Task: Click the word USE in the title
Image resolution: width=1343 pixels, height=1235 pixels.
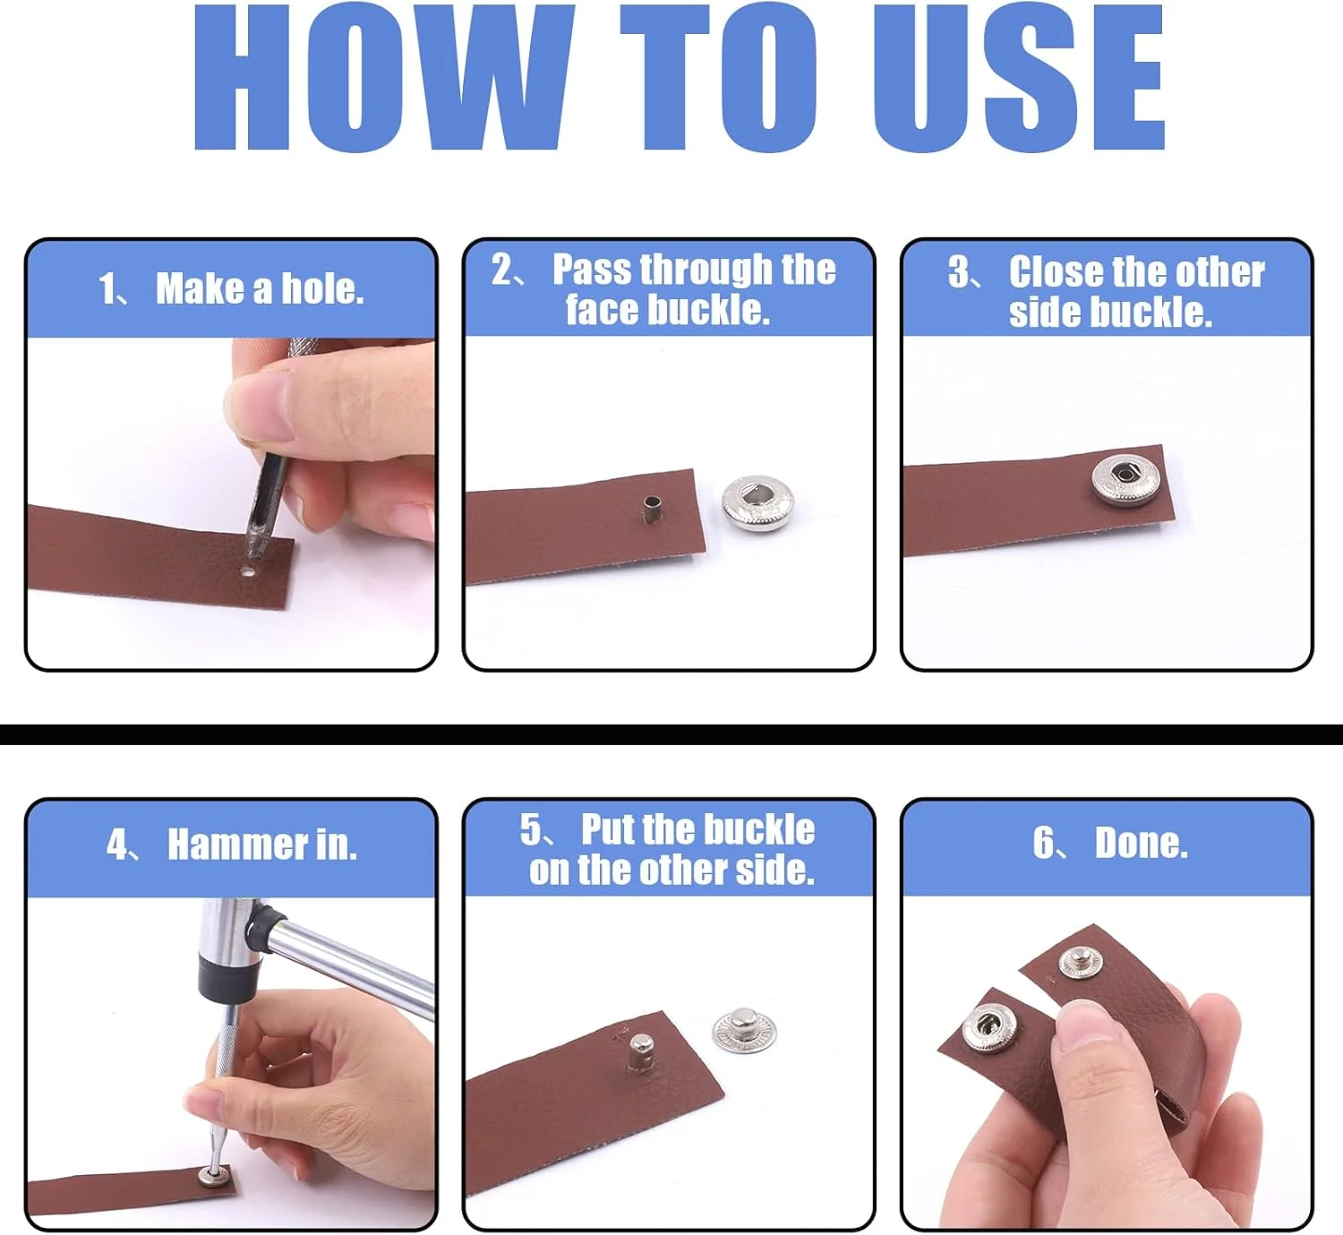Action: tap(1019, 77)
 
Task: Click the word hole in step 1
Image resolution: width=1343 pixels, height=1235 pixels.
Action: tap(322, 288)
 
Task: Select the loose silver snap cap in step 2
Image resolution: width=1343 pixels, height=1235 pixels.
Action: tap(757, 503)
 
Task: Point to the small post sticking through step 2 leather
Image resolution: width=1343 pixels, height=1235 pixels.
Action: tap(650, 510)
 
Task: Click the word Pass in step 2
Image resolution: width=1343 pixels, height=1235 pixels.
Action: tap(591, 270)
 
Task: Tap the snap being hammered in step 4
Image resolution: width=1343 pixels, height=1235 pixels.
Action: tap(214, 1175)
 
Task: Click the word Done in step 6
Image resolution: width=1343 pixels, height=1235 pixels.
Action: tap(1142, 844)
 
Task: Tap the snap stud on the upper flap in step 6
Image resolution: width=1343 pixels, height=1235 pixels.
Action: tap(1080, 963)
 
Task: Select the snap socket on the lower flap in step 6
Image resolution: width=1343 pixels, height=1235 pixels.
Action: tap(989, 1028)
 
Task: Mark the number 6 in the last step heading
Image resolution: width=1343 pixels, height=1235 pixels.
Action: tap(1043, 844)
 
